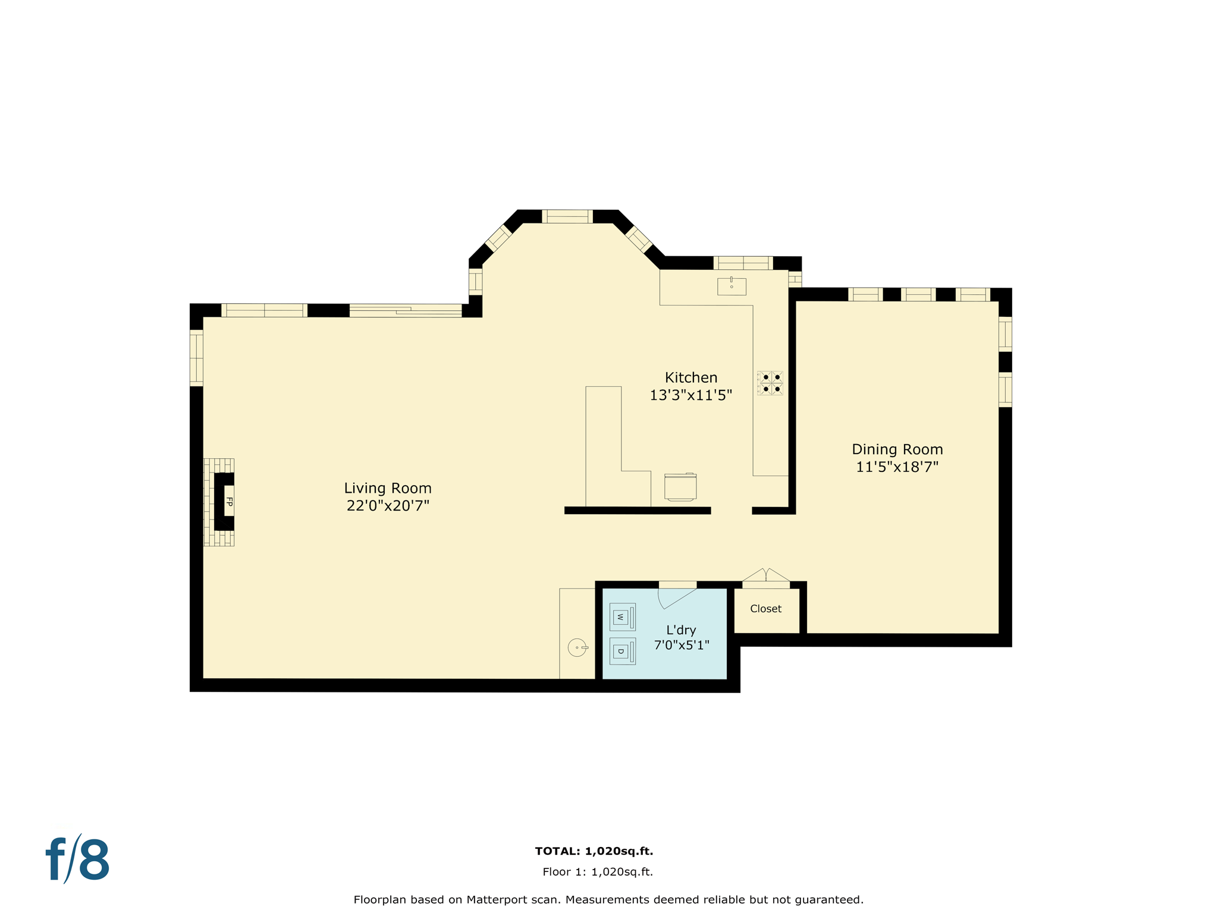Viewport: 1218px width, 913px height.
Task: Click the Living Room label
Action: (388, 488)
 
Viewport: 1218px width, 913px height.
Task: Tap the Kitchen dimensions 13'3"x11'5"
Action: (690, 395)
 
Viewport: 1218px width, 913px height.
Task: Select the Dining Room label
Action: (897, 449)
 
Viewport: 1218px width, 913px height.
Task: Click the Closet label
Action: (765, 609)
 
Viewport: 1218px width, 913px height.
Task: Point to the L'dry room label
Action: (681, 630)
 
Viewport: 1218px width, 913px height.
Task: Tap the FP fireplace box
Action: (229, 501)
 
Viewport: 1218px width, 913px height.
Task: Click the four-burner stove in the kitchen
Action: (770, 383)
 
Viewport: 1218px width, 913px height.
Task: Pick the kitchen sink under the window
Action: (732, 287)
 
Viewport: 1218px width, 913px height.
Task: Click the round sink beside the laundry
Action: (577, 647)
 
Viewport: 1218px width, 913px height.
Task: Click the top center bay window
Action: (567, 216)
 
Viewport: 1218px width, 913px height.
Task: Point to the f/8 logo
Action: (78, 860)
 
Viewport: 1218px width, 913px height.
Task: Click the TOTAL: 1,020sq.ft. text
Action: (594, 851)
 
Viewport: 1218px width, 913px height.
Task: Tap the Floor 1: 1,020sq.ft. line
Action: (597, 872)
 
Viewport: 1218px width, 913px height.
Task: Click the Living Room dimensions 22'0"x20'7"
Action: (388, 506)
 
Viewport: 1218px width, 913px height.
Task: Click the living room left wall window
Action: (196, 358)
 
